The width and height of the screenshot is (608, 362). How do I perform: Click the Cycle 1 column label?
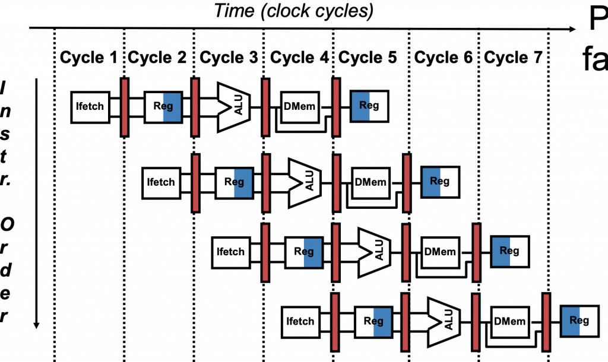(x=89, y=58)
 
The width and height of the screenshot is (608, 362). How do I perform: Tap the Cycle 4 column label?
(x=299, y=58)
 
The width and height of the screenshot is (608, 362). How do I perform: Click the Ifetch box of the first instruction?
(x=90, y=107)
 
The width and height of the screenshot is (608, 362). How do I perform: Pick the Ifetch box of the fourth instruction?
(x=300, y=321)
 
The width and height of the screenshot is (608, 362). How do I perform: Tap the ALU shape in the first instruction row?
(x=234, y=106)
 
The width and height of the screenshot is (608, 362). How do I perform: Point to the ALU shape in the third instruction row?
(x=374, y=251)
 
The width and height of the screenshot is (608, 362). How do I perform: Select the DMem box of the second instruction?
(x=370, y=181)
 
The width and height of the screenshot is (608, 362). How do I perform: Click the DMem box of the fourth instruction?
(x=510, y=321)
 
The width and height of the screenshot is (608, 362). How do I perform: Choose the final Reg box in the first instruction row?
(x=369, y=106)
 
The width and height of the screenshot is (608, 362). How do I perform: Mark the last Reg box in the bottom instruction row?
(x=579, y=321)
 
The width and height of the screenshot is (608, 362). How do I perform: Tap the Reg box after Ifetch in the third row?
(x=304, y=252)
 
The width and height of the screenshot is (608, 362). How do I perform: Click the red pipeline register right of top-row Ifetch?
(x=125, y=107)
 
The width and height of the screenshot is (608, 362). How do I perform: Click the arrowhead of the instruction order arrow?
(x=37, y=323)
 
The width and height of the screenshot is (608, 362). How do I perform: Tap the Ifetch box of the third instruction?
(x=230, y=252)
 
